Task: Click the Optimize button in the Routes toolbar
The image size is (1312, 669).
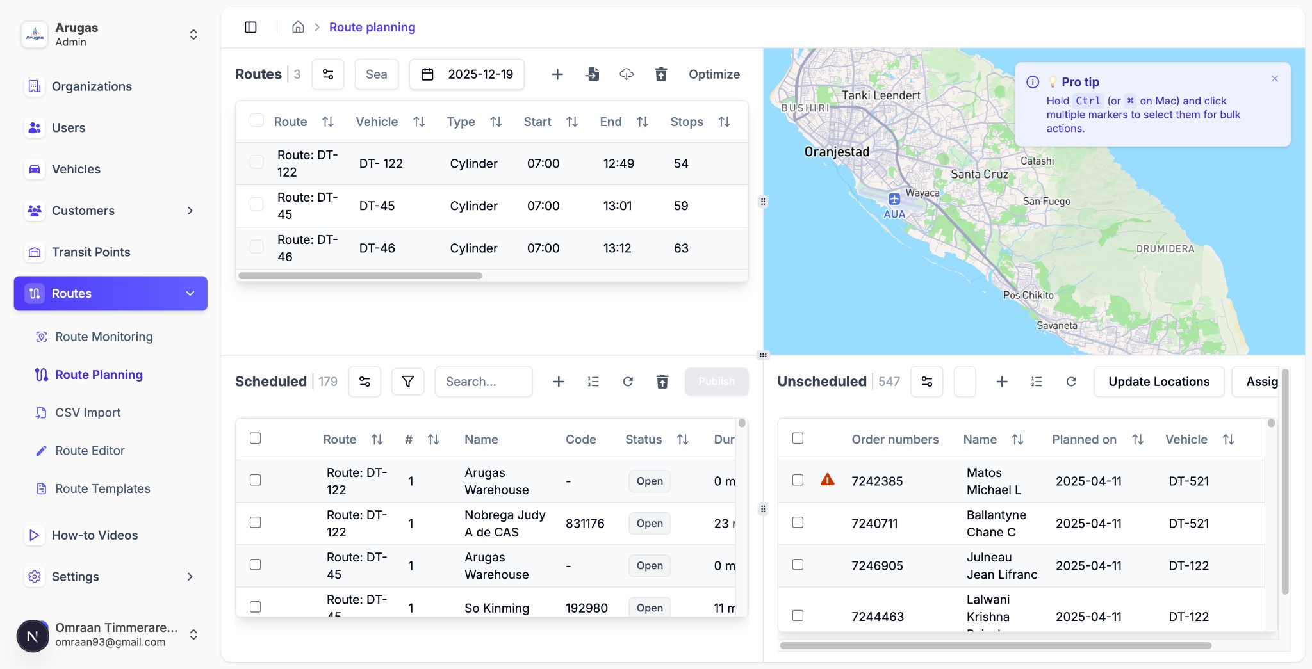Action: pyautogui.click(x=714, y=74)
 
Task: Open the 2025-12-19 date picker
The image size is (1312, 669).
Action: pyautogui.click(x=467, y=74)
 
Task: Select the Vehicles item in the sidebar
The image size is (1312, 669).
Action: pyautogui.click(x=76, y=169)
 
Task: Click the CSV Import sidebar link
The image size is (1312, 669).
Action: pyautogui.click(x=88, y=413)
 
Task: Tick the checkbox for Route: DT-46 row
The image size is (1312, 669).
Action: pyautogui.click(x=257, y=247)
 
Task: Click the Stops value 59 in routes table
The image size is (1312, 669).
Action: pyautogui.click(x=681, y=206)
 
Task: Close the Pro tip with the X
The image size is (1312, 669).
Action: pyautogui.click(x=1274, y=79)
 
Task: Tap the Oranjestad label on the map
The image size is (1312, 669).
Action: pyautogui.click(x=837, y=152)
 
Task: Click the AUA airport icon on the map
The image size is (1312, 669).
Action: pyautogui.click(x=894, y=199)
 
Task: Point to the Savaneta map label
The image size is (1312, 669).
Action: pyautogui.click(x=1056, y=325)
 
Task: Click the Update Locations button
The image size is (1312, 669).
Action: pyautogui.click(x=1158, y=382)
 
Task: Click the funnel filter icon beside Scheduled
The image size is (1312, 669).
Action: pyautogui.click(x=407, y=382)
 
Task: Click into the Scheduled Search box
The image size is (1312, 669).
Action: pyautogui.click(x=483, y=382)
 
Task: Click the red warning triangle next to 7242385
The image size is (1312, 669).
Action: pyautogui.click(x=827, y=480)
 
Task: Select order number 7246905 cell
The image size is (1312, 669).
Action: pyautogui.click(x=877, y=566)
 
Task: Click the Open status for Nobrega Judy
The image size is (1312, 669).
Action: pyautogui.click(x=650, y=524)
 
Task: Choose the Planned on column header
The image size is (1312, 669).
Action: pyautogui.click(x=1084, y=440)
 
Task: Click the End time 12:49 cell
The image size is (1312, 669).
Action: pyautogui.click(x=618, y=164)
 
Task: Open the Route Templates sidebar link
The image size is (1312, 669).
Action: pyautogui.click(x=102, y=489)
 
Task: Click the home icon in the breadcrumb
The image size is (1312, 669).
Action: pyautogui.click(x=298, y=27)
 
